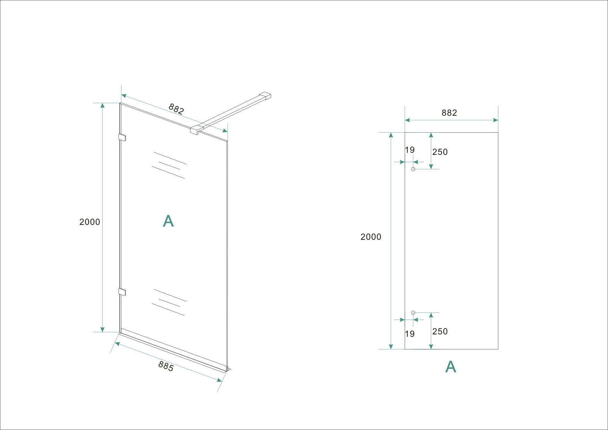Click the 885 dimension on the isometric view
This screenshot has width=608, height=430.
166,366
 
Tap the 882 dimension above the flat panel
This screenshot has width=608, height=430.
449,113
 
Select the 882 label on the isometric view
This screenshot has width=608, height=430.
176,109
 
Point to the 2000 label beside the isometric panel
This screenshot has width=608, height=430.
90,222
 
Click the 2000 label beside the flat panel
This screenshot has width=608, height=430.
371,237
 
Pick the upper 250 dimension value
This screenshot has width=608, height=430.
440,152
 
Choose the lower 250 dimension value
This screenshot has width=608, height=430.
440,331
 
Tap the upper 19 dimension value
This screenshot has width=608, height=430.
410,150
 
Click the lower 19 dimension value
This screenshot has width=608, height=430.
410,334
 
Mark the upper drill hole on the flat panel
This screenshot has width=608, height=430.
413,169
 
